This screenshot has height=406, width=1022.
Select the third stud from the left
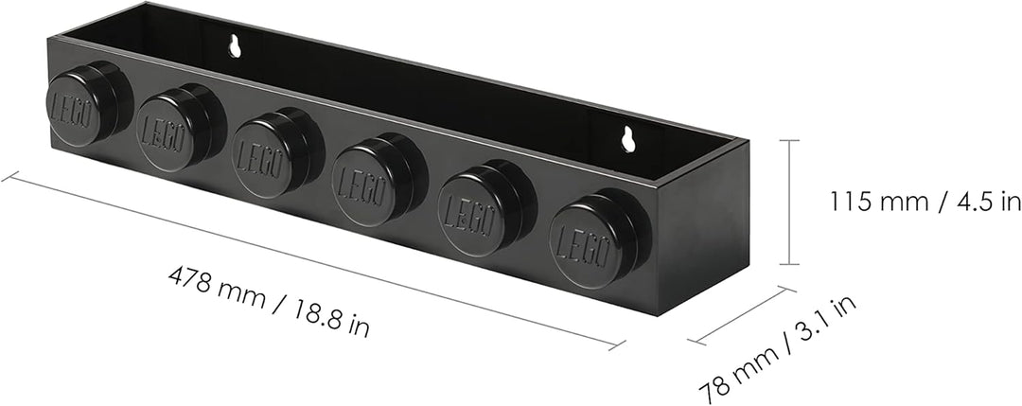coord(277,153)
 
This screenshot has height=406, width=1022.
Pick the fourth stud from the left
coord(379,180)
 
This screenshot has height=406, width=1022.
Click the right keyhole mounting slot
coord(628,139)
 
